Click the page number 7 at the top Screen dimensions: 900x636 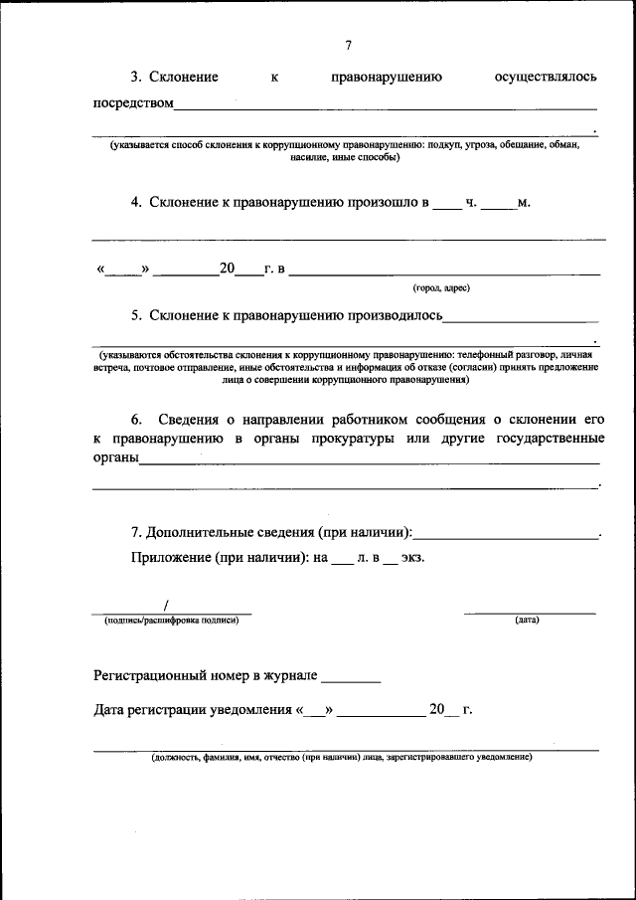tap(348, 46)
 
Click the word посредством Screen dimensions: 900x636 tap(133, 103)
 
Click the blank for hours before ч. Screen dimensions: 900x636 tap(447, 205)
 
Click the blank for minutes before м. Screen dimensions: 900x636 tap(498, 205)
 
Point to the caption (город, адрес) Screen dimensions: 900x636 tap(441, 288)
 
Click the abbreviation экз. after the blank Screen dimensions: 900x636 tap(413, 558)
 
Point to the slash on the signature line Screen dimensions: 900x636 tap(166, 605)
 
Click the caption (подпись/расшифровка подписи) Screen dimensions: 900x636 tap(171, 621)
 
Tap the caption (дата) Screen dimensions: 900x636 tap(527, 621)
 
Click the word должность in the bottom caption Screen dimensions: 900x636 tap(175, 757)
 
